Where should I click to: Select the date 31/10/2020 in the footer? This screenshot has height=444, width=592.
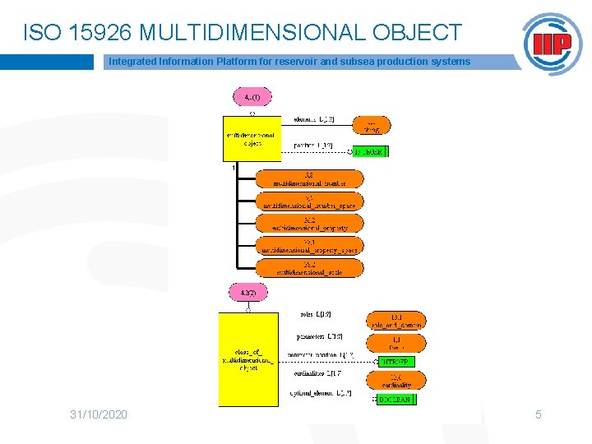click(99, 414)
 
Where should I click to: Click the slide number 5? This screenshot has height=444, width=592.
click(539, 414)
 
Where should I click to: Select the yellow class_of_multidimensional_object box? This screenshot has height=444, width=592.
click(248, 359)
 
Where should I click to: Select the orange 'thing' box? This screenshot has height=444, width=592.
click(371, 125)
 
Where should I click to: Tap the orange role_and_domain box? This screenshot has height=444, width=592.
click(395, 320)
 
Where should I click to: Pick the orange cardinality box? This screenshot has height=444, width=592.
click(395, 380)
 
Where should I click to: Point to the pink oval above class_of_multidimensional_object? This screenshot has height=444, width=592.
click(247, 293)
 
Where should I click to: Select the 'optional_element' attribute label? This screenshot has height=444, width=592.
click(321, 394)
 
